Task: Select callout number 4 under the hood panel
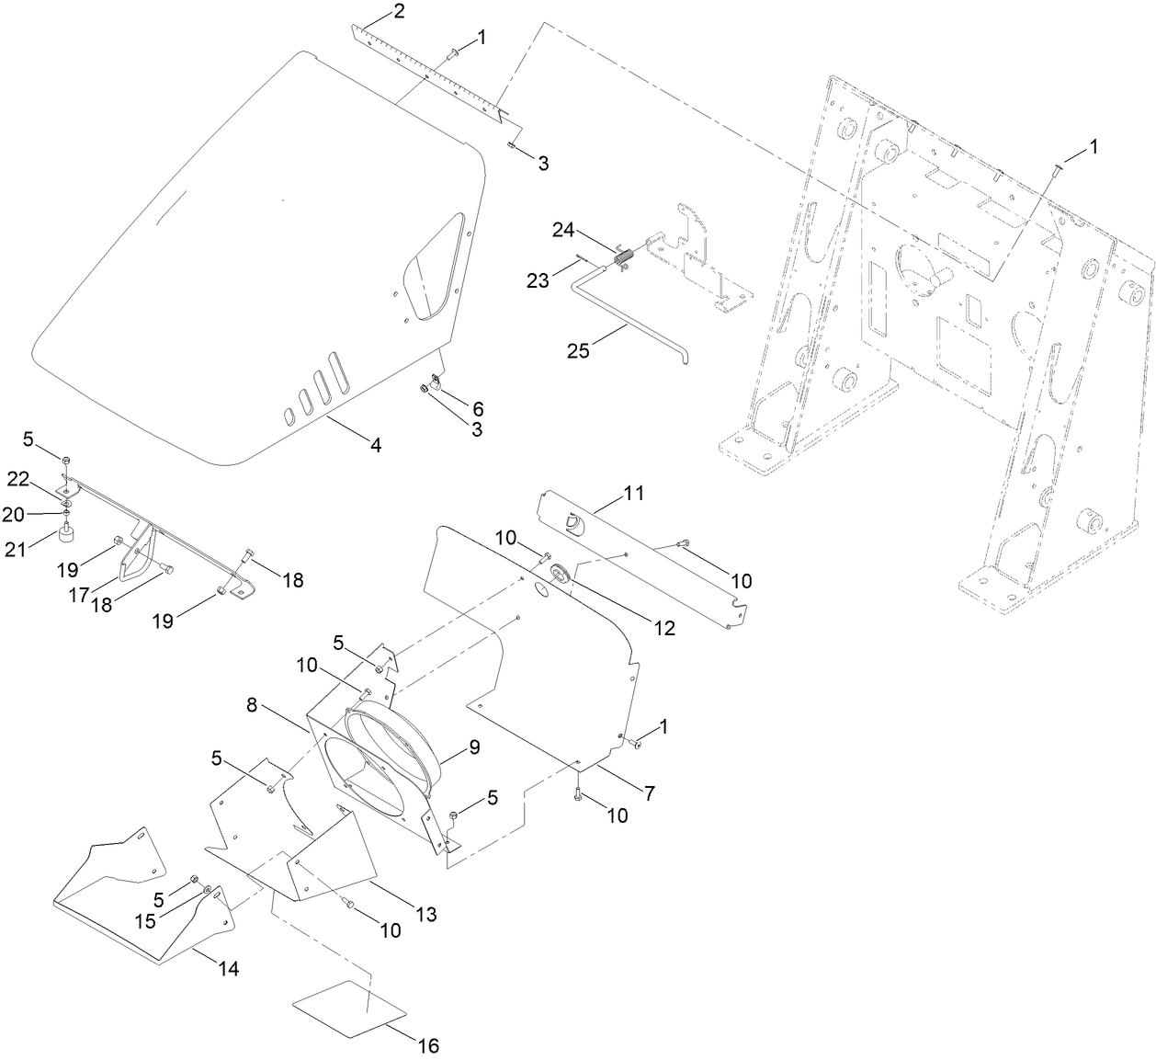pyautogui.click(x=375, y=445)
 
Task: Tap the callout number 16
pyautogui.click(x=428, y=1045)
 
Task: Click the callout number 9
pyautogui.click(x=474, y=747)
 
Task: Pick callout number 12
pyautogui.click(x=664, y=628)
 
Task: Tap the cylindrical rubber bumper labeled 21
pyautogui.click(x=66, y=534)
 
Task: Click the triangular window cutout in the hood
pyautogui.click(x=430, y=267)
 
